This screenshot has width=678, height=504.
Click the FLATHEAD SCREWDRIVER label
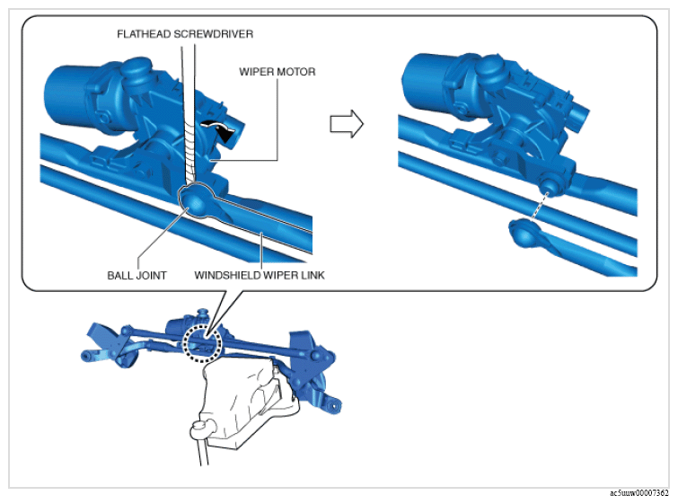(185, 34)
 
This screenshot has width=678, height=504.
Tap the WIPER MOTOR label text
(277, 72)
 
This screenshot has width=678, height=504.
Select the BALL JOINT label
(136, 276)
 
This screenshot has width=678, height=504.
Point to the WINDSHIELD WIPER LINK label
(260, 275)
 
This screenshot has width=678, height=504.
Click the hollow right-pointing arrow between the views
(347, 124)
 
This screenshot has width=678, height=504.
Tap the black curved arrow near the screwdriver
(221, 129)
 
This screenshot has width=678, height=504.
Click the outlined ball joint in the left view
(196, 200)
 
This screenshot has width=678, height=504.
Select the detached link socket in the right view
(524, 233)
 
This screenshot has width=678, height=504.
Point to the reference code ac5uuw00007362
(639, 493)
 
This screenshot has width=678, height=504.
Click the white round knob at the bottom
(199, 429)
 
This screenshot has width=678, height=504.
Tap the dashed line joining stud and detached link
(540, 206)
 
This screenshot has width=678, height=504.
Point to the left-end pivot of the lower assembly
(86, 356)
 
